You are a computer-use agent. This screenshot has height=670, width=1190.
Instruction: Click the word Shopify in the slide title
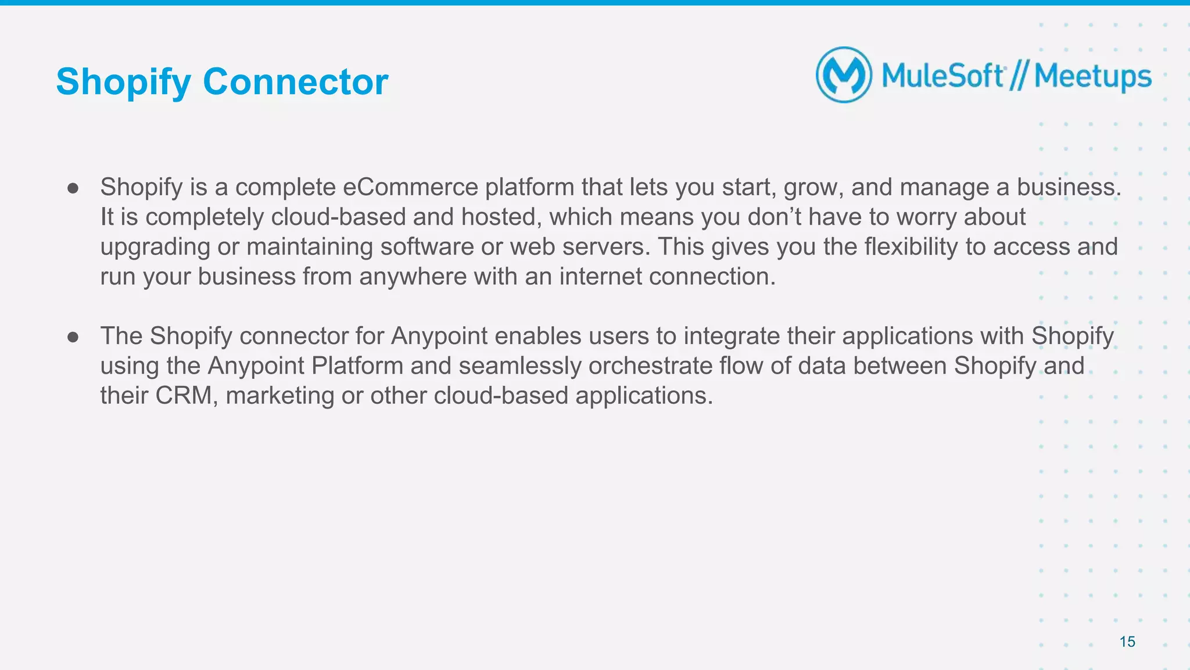pos(123,82)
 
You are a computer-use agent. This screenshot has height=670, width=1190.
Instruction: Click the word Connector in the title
pos(295,82)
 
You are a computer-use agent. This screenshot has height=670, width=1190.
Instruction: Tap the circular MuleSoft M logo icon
pos(844,75)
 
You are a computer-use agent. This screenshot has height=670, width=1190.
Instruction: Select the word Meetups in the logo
pos(1092,77)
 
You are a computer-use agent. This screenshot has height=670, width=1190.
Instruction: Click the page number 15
pos(1127,642)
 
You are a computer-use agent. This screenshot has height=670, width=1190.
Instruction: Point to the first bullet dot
pos(73,188)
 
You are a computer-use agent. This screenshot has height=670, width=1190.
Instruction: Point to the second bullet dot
pos(73,337)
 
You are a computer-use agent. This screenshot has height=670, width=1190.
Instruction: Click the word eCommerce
pos(410,187)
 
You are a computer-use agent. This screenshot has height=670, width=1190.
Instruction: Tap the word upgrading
pos(155,247)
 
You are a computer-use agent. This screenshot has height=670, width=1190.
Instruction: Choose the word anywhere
pos(413,277)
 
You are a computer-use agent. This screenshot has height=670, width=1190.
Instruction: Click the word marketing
pos(279,396)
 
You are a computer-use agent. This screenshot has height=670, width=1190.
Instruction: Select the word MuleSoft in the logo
pos(942,76)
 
